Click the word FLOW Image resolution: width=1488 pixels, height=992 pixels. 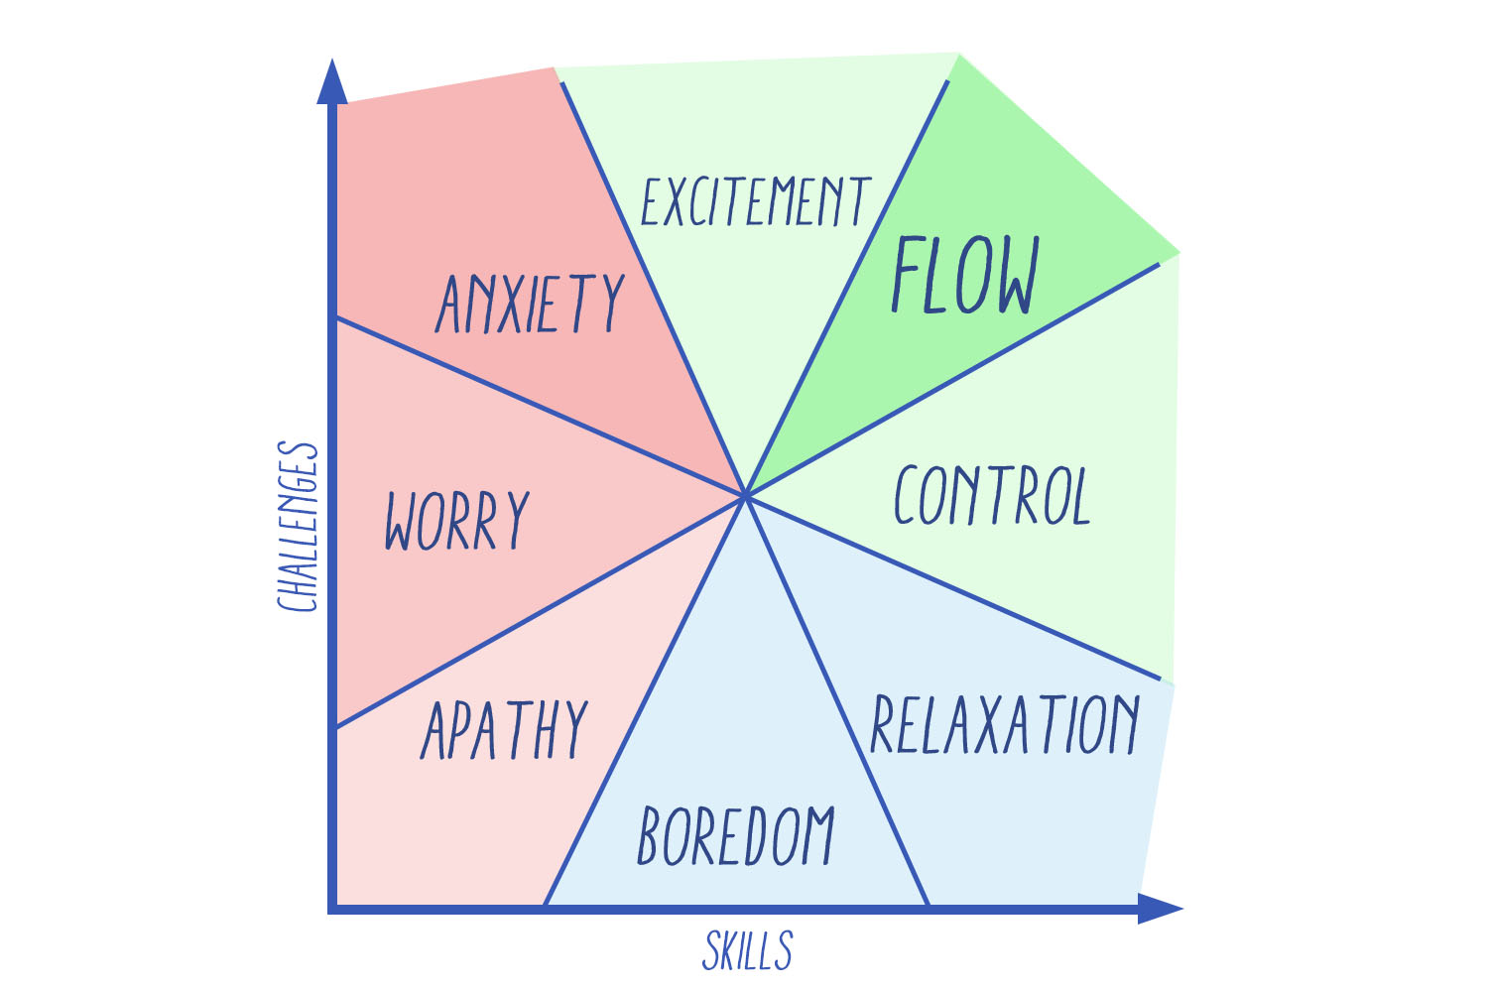coord(965,275)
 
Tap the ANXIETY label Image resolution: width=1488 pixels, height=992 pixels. coord(530,303)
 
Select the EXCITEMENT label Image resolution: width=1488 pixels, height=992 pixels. coord(756,201)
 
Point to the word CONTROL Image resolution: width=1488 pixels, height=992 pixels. coord(992,495)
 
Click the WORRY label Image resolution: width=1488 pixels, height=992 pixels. coord(457,520)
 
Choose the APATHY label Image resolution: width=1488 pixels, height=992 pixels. coord(505,729)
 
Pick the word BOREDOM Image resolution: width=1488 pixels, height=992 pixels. coord(736,835)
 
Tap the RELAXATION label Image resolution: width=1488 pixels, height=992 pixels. coord(1005,725)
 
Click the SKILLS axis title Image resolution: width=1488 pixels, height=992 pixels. coord(748,950)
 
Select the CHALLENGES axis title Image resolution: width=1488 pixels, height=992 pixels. coord(298,527)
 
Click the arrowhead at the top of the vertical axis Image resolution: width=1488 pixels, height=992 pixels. coord(332,81)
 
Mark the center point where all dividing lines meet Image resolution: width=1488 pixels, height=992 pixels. coord(746,494)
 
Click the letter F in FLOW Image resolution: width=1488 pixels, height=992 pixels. coord(908,275)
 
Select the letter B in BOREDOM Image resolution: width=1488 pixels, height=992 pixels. coord(650,835)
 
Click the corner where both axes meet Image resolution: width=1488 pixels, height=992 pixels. coord(333,908)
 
